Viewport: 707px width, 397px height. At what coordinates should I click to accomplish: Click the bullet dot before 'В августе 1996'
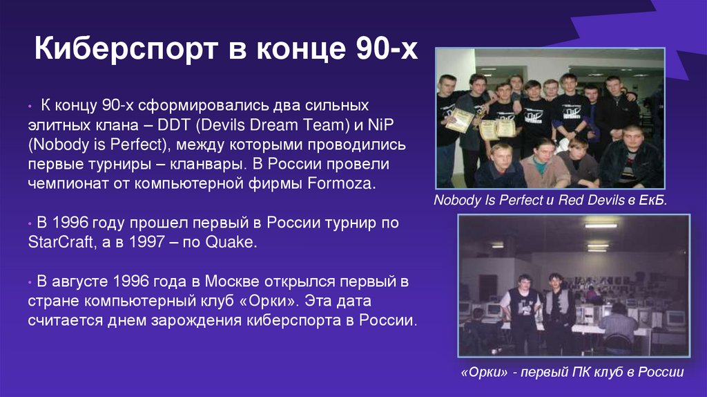[31, 283]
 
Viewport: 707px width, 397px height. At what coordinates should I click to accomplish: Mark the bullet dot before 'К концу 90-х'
[31, 107]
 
